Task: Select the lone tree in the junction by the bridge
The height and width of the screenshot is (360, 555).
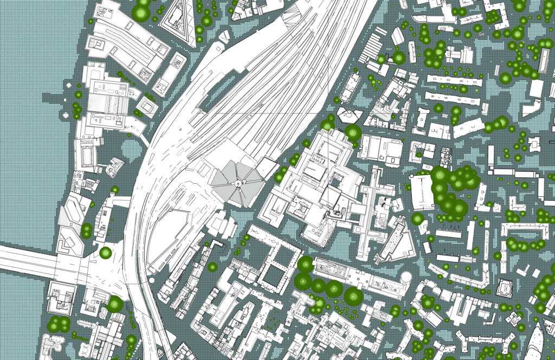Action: (105, 253)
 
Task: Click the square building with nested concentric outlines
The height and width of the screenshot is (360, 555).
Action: (506, 288)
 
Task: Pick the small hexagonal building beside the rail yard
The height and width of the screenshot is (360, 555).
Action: (349, 115)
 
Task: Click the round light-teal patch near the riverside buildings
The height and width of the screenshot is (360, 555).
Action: (131, 148)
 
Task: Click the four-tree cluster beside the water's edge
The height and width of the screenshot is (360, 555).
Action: (59, 324)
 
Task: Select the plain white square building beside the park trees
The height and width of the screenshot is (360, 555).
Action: (422, 192)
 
